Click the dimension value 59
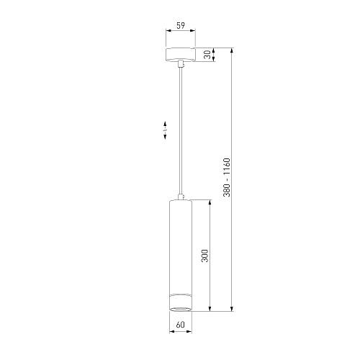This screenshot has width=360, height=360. coord(181,25)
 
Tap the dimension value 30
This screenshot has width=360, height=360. coord(207,55)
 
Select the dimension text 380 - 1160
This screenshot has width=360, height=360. coord(227,177)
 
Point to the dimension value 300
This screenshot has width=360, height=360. coord(204,256)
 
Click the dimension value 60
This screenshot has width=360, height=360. coord(181,325)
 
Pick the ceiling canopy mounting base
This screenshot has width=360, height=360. coord(181,55)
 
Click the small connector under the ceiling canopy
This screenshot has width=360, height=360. coord(181,64)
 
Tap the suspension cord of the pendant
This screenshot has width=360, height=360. coord(181,131)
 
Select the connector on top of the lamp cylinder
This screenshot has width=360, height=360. coord(181,197)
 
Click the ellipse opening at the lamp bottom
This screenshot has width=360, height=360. coord(181,309)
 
